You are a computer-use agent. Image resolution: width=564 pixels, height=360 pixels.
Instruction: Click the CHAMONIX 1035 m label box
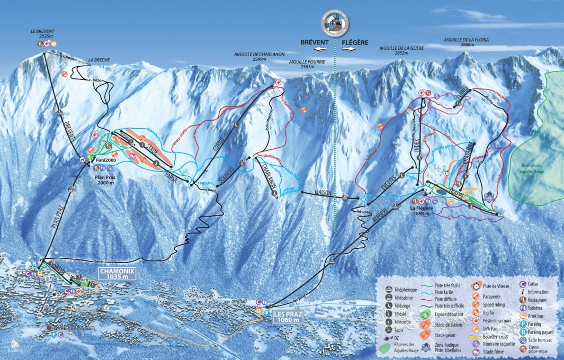click(117, 273)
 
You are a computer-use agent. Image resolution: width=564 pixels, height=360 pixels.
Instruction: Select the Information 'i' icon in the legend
click(522, 291)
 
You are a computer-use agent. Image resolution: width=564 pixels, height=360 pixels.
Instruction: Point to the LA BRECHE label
click(99, 60)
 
